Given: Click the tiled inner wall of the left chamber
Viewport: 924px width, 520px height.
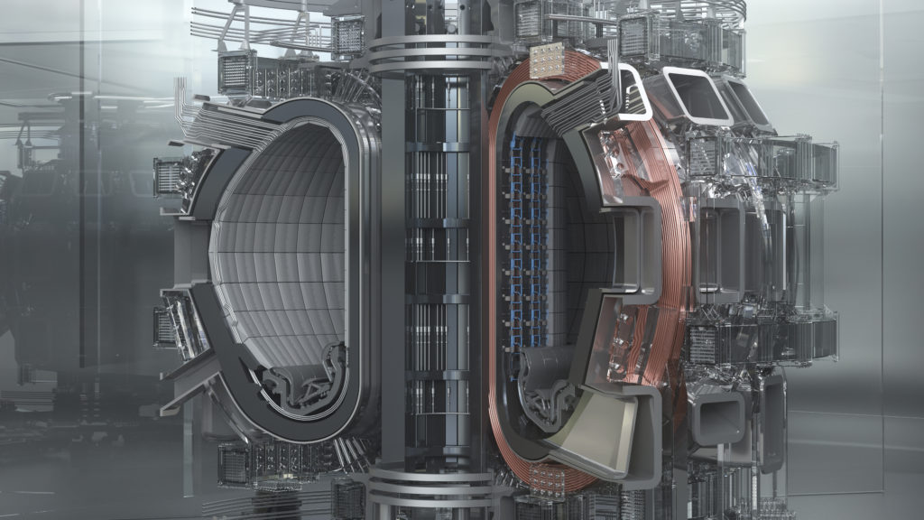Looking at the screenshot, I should [x=280, y=244].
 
